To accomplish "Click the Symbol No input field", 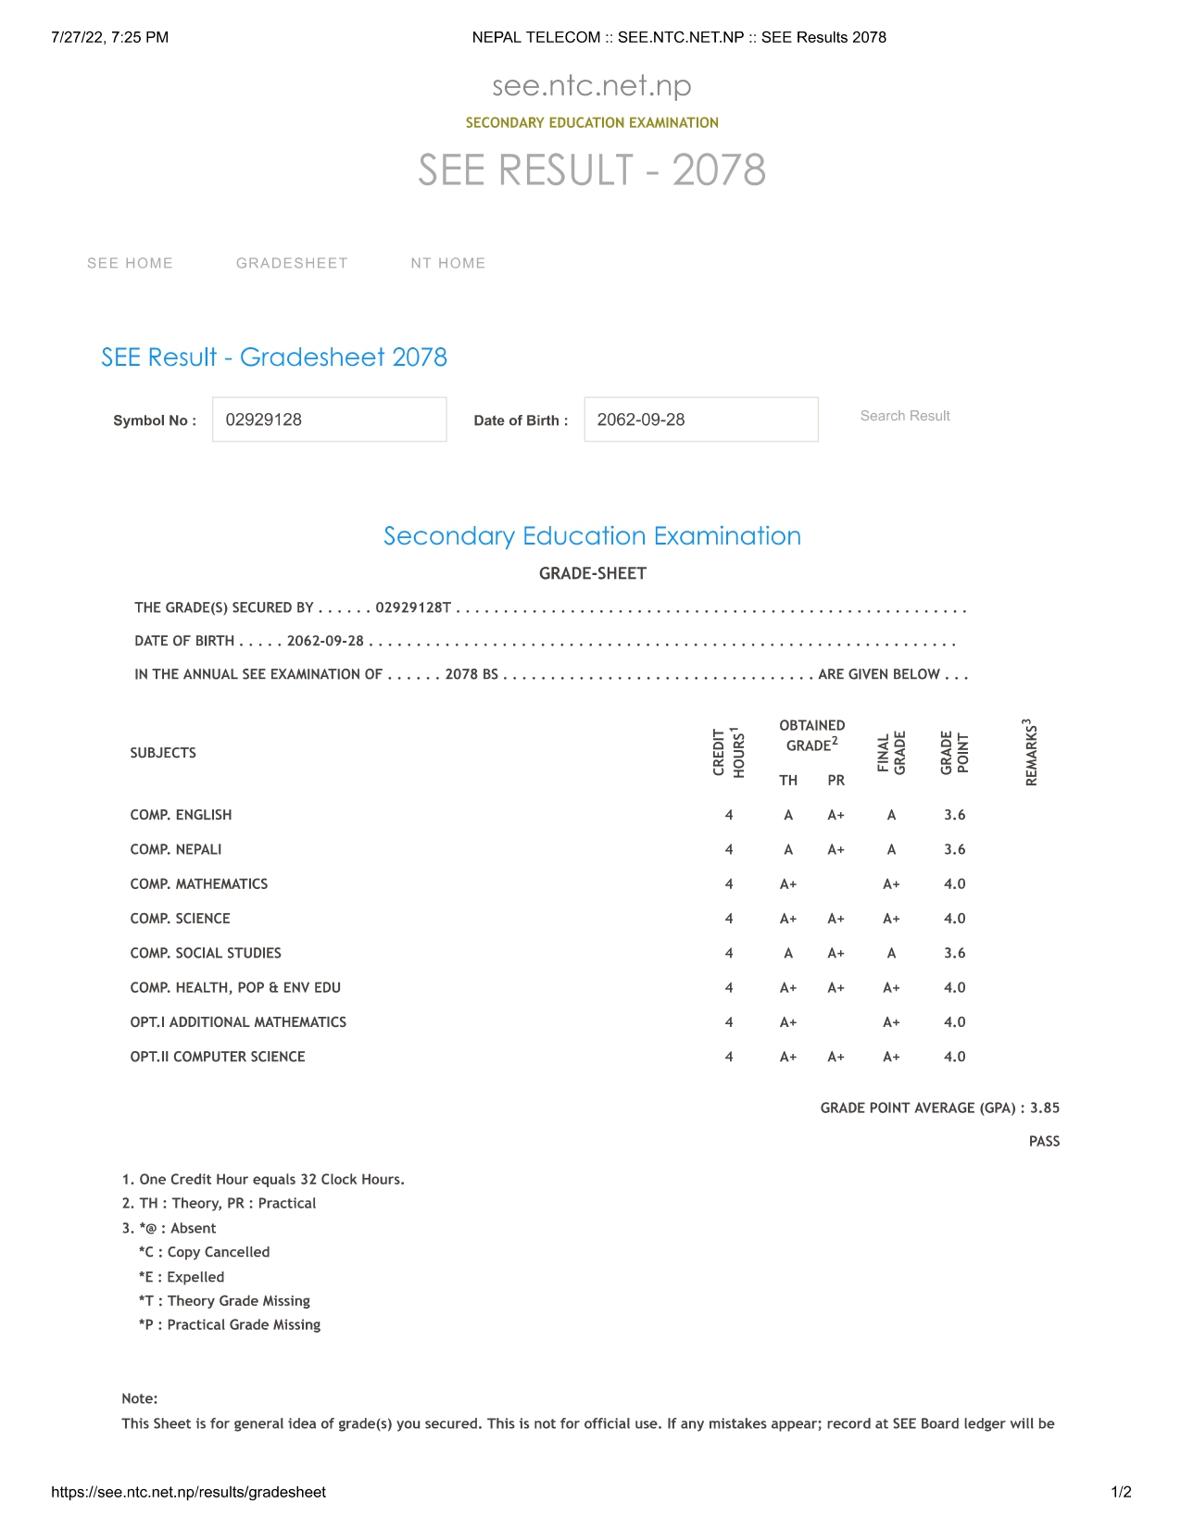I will coord(329,420).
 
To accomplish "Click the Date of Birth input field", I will coord(700,420).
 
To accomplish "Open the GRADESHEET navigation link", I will coord(292,263).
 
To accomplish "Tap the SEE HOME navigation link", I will coord(130,263).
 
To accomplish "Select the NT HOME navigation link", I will coord(448,263).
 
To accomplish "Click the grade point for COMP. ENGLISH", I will coord(954,815).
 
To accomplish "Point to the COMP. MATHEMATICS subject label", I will coord(199,884).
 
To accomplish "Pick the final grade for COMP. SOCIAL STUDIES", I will coord(891,953).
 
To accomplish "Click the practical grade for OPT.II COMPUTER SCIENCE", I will coord(835,1057).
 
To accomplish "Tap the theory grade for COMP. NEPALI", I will coord(788,849).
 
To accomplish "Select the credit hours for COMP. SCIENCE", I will coord(729,919).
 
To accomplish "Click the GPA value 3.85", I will coord(1045,1108).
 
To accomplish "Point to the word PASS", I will coord(1044,1142).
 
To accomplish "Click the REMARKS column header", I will coord(1030,753).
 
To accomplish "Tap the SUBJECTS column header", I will coord(163,753).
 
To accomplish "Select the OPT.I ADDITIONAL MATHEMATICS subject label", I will coord(238,1022).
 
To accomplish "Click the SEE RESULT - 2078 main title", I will coord(592,170).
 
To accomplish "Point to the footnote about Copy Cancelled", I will coord(204,1252).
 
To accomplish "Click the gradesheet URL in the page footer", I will coord(189,1492).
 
